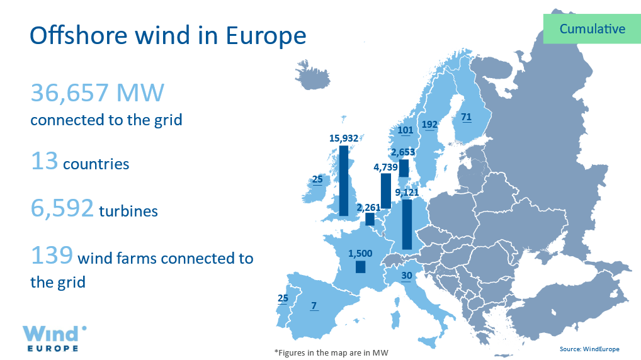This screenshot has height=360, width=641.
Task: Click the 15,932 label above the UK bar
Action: (x=343, y=138)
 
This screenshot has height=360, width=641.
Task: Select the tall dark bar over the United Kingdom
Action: (x=344, y=181)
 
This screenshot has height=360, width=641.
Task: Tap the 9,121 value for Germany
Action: (x=407, y=193)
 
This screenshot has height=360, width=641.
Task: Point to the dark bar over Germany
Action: (x=407, y=224)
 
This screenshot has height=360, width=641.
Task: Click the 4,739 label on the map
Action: (x=385, y=167)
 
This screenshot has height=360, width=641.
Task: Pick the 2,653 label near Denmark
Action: (x=402, y=152)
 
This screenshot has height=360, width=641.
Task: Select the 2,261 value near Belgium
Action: (x=368, y=208)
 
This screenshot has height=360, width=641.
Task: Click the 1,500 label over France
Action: (x=360, y=254)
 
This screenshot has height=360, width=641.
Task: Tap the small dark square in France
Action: (x=361, y=267)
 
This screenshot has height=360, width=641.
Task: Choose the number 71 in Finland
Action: (x=466, y=117)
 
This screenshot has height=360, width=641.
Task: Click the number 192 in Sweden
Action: (x=429, y=125)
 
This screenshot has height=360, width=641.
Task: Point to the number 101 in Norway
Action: (x=405, y=130)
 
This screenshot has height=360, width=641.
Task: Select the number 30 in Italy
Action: (x=406, y=276)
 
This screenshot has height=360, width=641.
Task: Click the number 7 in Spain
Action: (x=314, y=306)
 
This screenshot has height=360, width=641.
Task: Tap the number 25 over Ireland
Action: (x=317, y=179)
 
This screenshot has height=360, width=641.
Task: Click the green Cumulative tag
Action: (x=592, y=28)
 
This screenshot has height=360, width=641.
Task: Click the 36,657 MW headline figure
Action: (x=98, y=93)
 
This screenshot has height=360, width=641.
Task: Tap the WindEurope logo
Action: (x=54, y=339)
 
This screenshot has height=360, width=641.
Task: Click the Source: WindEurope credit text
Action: (x=589, y=349)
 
